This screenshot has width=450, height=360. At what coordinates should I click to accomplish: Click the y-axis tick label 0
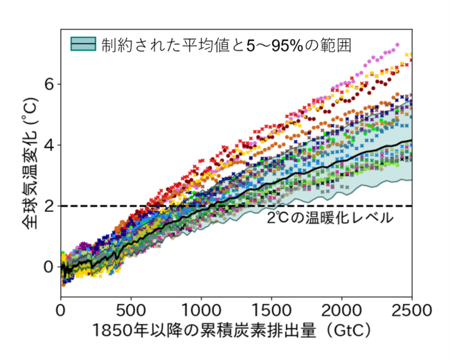(x=48, y=267)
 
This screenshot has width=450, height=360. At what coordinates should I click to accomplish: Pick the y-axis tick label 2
(x=48, y=206)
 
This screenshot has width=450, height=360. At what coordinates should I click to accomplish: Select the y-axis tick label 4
(x=48, y=145)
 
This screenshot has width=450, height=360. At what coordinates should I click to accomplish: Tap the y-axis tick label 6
(x=48, y=84)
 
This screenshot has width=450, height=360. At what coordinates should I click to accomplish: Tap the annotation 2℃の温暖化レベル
(x=330, y=217)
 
